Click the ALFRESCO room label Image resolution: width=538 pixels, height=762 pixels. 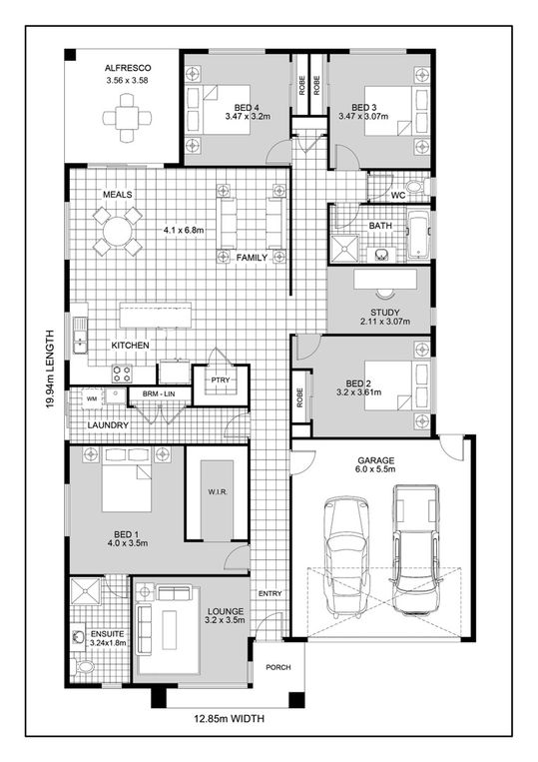point(127,68)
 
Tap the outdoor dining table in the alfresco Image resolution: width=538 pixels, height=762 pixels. point(127,117)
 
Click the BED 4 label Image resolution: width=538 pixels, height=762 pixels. point(247,107)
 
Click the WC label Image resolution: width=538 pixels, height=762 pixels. point(397,195)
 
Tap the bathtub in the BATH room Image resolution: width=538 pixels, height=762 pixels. point(417,235)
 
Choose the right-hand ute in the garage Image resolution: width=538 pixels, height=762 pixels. point(414,549)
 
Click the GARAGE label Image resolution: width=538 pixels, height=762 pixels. point(376,462)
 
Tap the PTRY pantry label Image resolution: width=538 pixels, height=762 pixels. point(221,381)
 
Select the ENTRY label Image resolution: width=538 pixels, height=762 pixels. point(269,594)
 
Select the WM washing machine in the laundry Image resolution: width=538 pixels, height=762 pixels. point(92,398)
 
